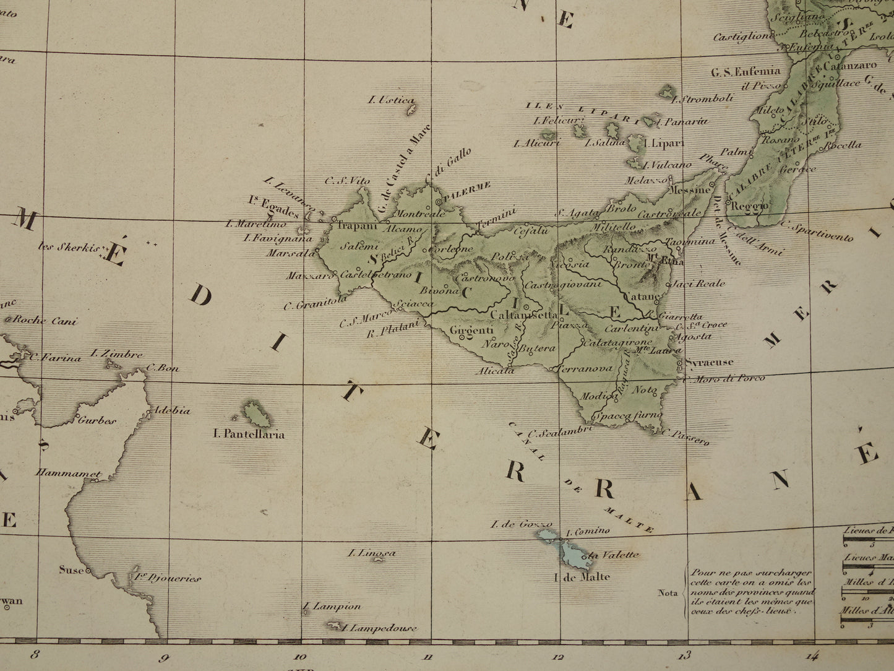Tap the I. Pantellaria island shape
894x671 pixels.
click(256, 413)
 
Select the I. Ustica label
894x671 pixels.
click(391, 100)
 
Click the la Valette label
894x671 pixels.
click(613, 555)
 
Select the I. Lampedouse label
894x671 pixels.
click(379, 628)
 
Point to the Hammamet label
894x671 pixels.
click(68, 474)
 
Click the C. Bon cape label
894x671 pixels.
click(163, 368)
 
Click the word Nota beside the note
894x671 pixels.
click(668, 593)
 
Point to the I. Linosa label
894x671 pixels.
click(372, 553)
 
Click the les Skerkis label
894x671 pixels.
click(69, 248)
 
